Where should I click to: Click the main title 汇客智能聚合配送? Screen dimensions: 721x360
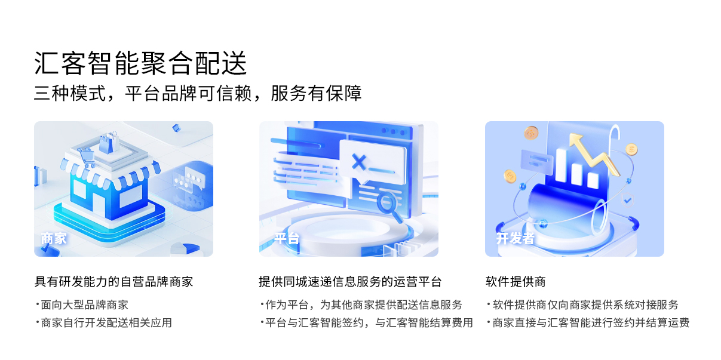click(140, 63)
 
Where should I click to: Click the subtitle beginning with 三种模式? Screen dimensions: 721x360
click(198, 93)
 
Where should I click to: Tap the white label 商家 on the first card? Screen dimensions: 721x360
click(54, 239)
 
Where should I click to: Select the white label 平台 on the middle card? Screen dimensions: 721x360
click(287, 238)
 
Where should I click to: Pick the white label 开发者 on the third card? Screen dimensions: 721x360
click(516, 238)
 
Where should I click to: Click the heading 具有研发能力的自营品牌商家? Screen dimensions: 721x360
click(113, 282)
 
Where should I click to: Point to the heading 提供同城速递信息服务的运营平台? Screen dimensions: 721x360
click(350, 282)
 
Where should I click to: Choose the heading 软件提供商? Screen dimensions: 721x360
click(516, 282)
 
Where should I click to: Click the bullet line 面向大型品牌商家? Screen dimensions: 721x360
click(82, 304)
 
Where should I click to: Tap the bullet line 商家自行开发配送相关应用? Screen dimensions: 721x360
click(104, 322)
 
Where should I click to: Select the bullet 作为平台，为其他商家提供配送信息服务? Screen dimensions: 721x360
click(361, 304)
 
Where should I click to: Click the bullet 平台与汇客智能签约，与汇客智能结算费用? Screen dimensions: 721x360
click(367, 322)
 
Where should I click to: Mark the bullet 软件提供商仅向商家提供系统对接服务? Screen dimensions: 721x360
click(583, 304)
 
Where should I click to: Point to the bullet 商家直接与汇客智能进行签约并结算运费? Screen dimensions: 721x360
click(588, 322)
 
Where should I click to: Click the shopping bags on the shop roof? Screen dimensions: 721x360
click(109, 142)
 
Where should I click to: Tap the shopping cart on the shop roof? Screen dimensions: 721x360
click(87, 158)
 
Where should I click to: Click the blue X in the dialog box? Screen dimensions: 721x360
click(359, 162)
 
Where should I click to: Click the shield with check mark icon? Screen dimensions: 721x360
click(627, 201)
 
